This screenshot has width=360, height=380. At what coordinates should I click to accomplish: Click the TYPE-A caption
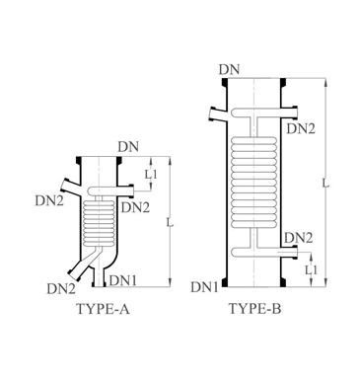[103, 309]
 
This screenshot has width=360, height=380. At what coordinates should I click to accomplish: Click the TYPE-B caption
[254, 309]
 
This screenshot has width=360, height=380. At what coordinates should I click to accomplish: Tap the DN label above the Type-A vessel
[128, 147]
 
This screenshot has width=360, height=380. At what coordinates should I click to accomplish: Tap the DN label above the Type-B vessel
[230, 70]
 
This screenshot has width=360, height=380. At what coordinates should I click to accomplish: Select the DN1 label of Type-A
[122, 280]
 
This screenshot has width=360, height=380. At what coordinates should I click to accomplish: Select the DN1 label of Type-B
[204, 287]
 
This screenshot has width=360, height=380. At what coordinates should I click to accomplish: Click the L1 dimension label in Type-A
[152, 174]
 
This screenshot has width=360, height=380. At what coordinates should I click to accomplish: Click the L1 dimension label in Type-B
[311, 270]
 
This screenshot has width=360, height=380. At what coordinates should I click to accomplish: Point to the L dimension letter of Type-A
[170, 223]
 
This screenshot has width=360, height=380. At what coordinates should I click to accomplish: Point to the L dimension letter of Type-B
[325, 184]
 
